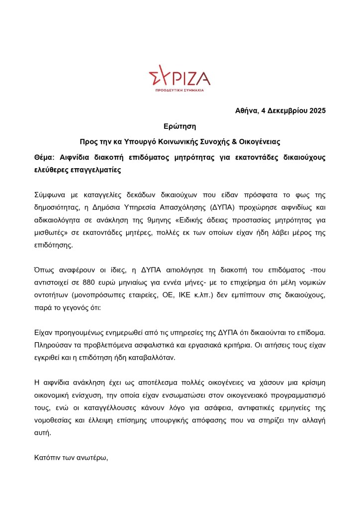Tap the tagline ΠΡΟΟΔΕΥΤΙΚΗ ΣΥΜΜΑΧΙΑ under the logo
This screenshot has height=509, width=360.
click(x=180, y=91)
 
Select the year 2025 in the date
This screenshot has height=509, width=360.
click(x=316, y=110)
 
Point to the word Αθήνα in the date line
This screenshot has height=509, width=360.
click(x=246, y=110)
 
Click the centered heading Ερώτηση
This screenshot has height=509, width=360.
click(x=180, y=126)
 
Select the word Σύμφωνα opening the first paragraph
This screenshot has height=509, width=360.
click(x=50, y=194)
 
